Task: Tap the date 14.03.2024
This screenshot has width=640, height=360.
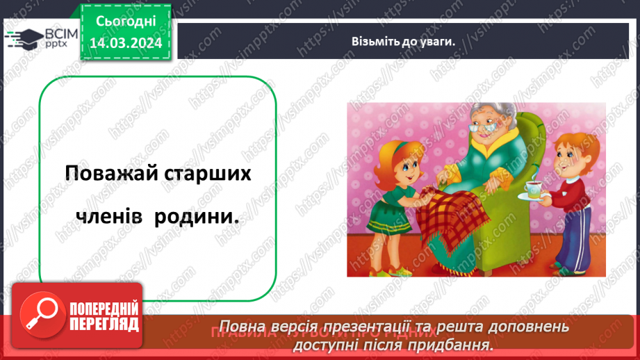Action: [125, 43]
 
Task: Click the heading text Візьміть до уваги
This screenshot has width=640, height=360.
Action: [402, 41]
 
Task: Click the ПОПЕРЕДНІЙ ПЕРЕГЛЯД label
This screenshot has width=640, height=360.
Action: [103, 317]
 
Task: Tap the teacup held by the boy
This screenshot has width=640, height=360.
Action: [532, 187]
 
